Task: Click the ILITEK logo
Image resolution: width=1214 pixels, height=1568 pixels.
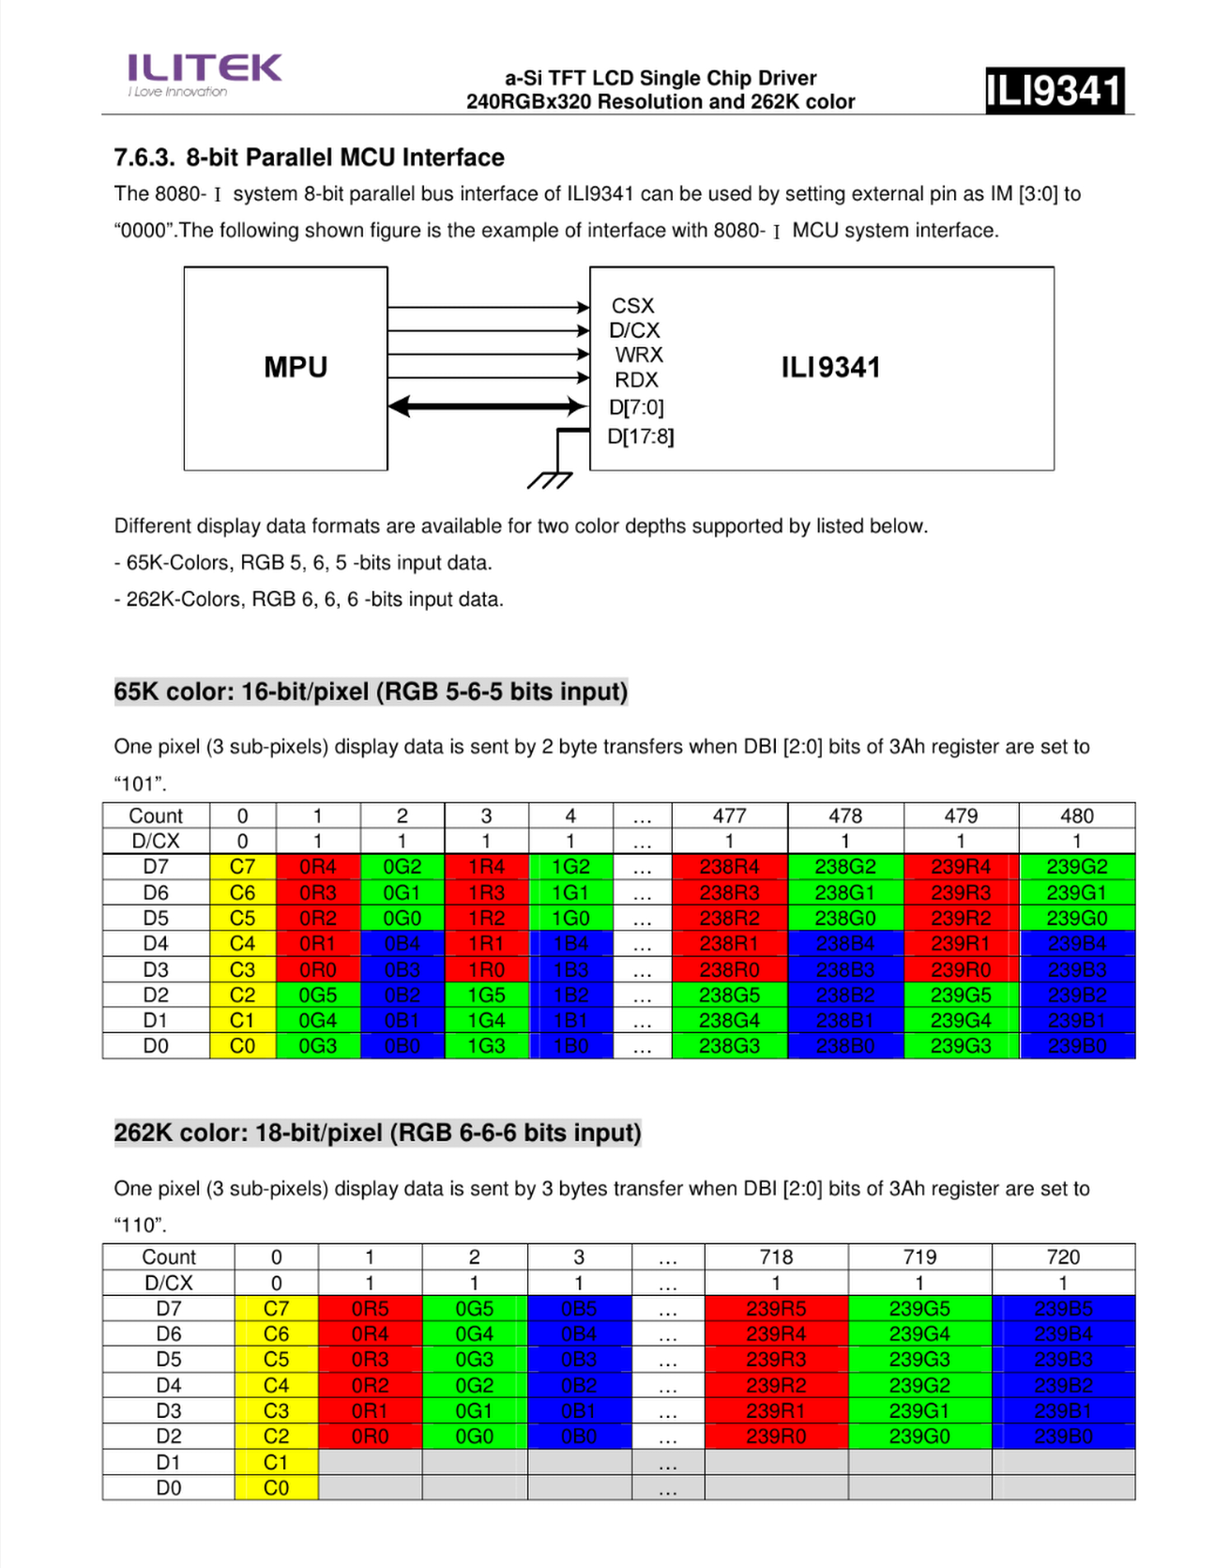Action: pos(204,73)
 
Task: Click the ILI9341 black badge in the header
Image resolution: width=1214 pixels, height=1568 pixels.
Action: pos(1054,91)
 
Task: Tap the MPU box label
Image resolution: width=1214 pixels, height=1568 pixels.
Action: pos(296,367)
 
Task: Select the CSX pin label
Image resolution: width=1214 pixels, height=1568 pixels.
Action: pos(632,306)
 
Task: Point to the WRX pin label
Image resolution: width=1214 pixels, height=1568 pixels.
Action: pos(639,355)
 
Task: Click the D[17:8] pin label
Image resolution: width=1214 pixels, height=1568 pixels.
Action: pos(641,436)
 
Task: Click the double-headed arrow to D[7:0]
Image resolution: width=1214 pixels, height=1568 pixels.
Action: pos(487,406)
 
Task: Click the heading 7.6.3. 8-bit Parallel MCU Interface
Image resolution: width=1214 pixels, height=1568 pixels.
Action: pos(309,158)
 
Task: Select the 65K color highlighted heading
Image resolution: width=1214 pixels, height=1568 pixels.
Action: pos(371,692)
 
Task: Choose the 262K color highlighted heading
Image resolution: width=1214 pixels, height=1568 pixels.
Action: pos(377,1133)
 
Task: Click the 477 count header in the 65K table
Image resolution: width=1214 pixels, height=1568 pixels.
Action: pos(729,815)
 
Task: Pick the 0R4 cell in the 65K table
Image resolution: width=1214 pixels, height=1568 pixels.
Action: pos(318,866)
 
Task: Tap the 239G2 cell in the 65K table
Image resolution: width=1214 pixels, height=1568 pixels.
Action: pos(1076,866)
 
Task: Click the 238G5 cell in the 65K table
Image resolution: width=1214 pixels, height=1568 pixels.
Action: pos(729,995)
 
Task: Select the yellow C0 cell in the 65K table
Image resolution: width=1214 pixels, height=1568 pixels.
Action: pos(242,1045)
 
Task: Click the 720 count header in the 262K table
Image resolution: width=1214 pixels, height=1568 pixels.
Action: pos(1063,1256)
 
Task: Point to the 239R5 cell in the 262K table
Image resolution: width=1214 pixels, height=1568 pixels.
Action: pos(776,1308)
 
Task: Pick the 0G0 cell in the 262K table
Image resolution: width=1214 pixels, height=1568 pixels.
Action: pos(474,1436)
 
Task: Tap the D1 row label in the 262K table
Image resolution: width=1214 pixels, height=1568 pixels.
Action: pos(169,1462)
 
